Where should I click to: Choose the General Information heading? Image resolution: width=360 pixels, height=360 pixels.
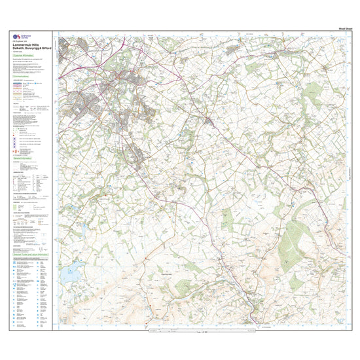point(24,158)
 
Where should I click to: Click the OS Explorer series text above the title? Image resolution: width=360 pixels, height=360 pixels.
point(21,41)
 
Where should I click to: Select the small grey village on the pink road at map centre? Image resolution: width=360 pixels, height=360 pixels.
point(208,122)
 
